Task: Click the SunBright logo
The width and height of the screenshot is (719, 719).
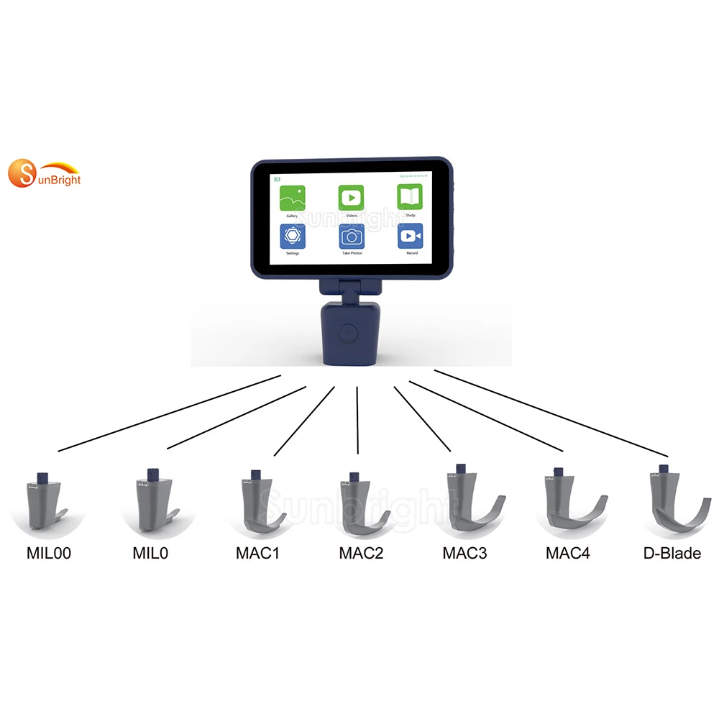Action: (45, 175)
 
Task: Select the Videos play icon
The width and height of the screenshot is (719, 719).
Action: (351, 198)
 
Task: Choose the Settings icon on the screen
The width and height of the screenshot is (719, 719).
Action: (293, 237)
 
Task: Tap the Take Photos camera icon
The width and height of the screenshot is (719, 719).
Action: (352, 237)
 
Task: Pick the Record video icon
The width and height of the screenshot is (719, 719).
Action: (411, 236)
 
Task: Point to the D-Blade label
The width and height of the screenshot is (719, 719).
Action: (671, 554)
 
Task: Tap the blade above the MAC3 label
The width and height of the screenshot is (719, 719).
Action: (467, 503)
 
